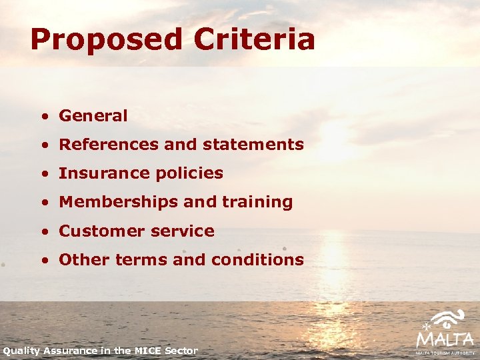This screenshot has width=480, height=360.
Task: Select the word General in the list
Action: click(93, 116)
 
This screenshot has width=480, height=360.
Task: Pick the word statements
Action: click(258, 145)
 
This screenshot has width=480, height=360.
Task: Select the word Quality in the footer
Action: click(22, 351)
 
